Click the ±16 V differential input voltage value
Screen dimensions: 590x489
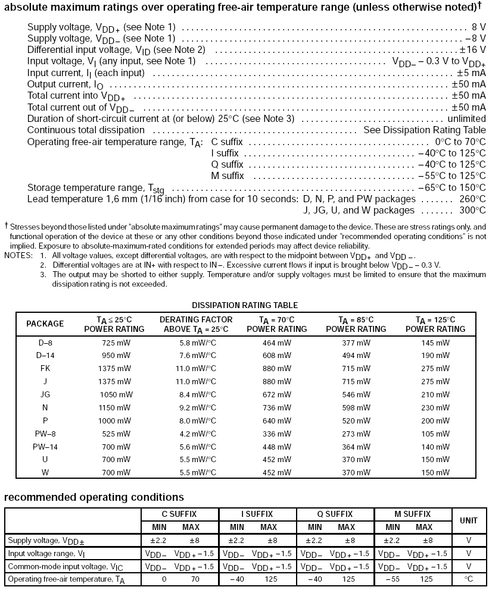click(472, 50)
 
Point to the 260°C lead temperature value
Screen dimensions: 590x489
click(473, 199)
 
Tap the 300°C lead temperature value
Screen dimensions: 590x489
click(473, 210)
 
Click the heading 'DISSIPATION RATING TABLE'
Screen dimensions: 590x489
click(245, 305)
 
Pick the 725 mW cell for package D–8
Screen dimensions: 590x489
click(114, 343)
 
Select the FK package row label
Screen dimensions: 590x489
click(45, 368)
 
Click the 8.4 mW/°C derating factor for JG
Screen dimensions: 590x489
click(194, 394)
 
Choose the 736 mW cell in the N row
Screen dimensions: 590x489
click(277, 407)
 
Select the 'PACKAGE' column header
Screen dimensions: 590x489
click(45, 324)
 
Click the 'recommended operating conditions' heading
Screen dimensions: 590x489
click(94, 497)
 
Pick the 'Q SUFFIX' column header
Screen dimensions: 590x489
click(335, 514)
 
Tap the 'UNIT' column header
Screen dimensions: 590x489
click(469, 520)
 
